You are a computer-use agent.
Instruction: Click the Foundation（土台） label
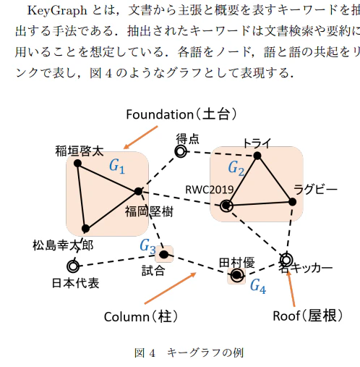tap(181, 114)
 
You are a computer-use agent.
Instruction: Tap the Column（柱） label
tap(141, 316)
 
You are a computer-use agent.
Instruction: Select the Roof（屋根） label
tap(308, 315)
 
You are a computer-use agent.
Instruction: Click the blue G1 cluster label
tap(117, 166)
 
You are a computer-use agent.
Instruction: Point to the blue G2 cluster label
tap(236, 168)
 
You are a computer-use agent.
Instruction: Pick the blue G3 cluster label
tap(147, 246)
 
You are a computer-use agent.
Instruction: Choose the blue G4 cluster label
tap(258, 287)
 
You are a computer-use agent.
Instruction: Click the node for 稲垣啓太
tap(77, 164)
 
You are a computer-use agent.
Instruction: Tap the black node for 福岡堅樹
tap(138, 191)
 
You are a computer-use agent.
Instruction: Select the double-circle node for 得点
tap(181, 151)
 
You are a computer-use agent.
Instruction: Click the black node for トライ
tap(257, 156)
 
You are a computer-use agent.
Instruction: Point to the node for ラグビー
tap(292, 202)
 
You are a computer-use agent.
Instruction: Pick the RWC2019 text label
tap(210, 190)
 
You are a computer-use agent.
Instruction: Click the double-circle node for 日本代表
tap(73, 266)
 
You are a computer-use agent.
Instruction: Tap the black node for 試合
tap(164, 254)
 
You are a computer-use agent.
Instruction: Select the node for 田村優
tap(236, 275)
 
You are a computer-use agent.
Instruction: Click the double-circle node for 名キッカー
tap(286, 260)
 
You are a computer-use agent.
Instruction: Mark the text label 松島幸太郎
tap(63, 245)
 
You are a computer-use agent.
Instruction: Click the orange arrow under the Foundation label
tap(140, 138)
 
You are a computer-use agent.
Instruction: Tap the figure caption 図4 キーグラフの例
tap(189, 353)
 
